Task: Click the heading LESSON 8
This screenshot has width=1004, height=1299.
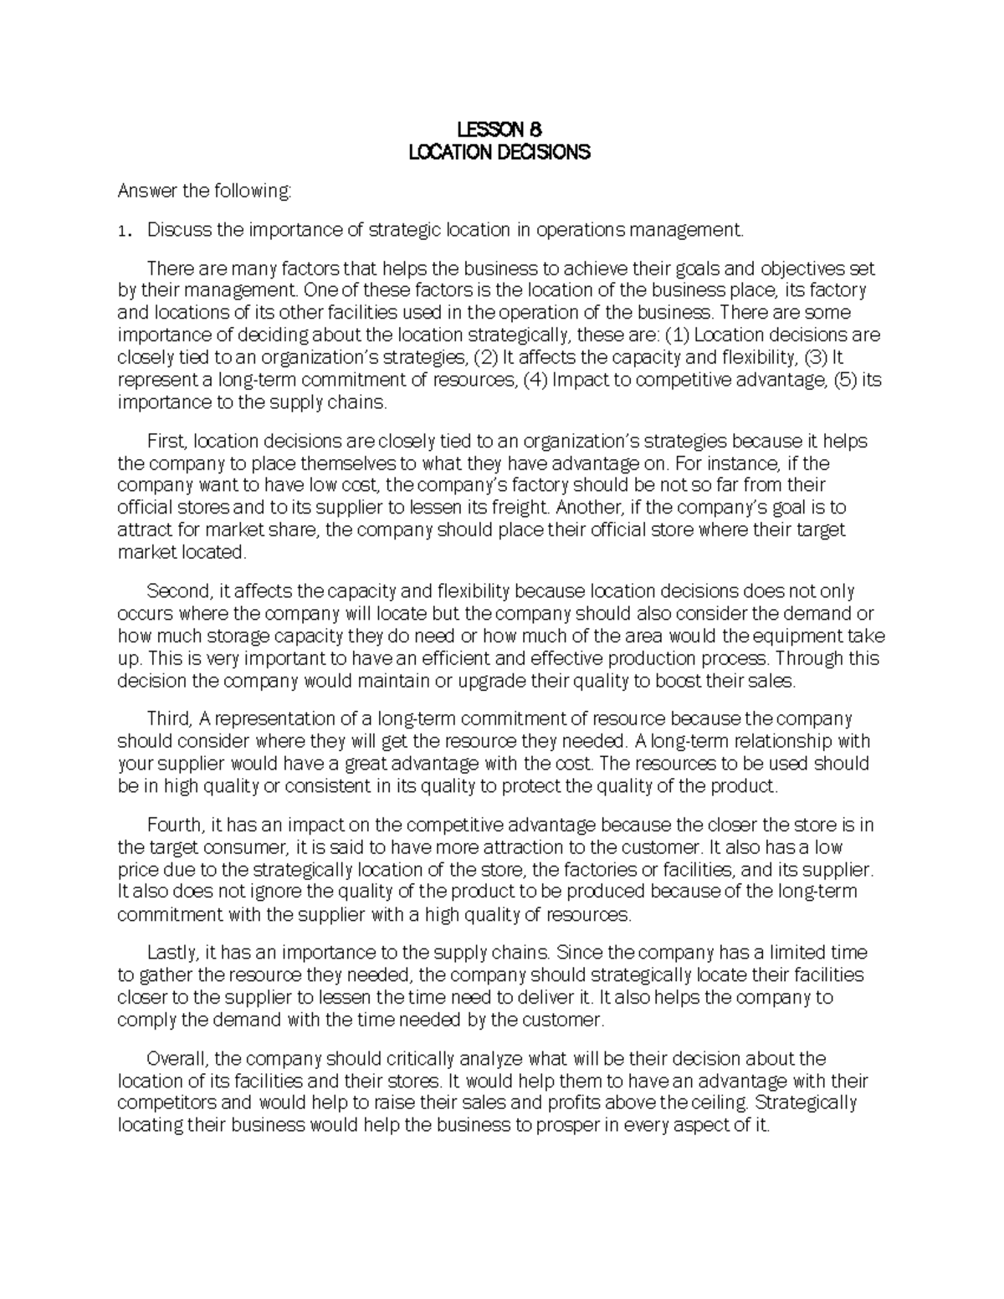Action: point(499,130)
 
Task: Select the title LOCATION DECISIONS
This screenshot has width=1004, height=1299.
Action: point(499,152)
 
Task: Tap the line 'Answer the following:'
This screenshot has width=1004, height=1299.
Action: point(205,192)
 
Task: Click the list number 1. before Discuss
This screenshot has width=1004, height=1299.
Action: point(122,231)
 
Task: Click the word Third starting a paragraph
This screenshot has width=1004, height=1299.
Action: point(170,719)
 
